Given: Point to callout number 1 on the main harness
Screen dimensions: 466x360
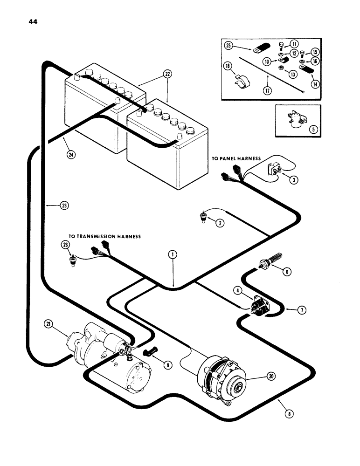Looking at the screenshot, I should [173, 254].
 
